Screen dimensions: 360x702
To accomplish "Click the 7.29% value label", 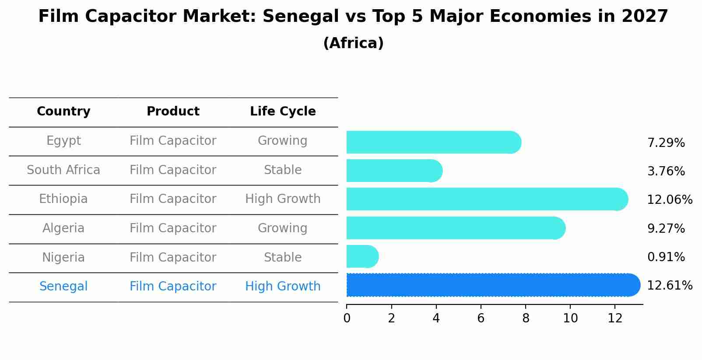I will (x=666, y=143).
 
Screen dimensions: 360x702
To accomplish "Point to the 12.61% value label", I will (x=669, y=286).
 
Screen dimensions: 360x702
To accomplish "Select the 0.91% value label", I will (x=666, y=257).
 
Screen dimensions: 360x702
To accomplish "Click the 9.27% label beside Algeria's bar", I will (x=666, y=229).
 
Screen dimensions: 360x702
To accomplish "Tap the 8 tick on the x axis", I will (x=526, y=318).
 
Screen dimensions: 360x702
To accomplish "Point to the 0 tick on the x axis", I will (x=347, y=318).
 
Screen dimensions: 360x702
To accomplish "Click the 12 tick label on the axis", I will (x=615, y=318).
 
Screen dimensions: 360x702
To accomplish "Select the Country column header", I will (x=63, y=112).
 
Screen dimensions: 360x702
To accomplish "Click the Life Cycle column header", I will (x=283, y=112).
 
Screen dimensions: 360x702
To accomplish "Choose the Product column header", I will (x=173, y=112).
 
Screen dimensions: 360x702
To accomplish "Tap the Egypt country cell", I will (x=63, y=141).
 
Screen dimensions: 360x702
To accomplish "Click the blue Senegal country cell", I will (x=63, y=287).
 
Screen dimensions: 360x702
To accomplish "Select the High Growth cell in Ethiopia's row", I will (x=283, y=199).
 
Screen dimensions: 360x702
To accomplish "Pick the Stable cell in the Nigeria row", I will (x=283, y=257).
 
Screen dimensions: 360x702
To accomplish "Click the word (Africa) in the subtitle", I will (x=353, y=43).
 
